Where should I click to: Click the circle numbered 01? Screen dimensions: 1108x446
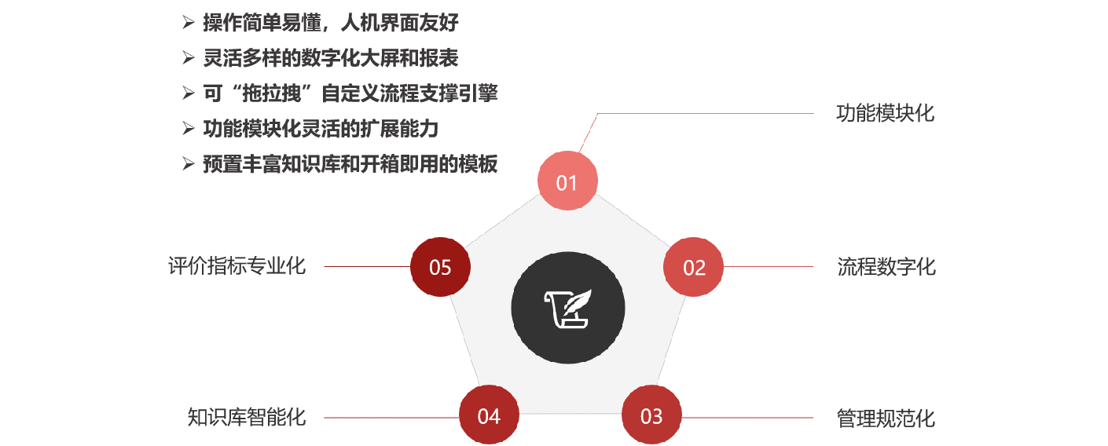pos(567,181)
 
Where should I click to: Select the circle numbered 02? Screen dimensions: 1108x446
pos(694,267)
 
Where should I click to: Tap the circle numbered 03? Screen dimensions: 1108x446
pos(651,415)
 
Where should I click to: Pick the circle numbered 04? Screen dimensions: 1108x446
pos(490,415)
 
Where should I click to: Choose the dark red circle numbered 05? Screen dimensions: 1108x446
pos(440,267)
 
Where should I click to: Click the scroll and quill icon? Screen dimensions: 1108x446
pos(568,309)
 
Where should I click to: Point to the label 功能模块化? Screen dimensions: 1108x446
pos(885,113)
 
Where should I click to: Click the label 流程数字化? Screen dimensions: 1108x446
pos(886,267)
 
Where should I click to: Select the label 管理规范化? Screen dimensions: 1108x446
pos(886,419)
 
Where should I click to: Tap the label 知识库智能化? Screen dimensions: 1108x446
pos(246,417)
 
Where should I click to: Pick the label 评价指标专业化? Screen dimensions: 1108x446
pos(237,266)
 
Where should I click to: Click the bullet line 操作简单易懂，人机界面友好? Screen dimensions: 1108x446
pos(330,23)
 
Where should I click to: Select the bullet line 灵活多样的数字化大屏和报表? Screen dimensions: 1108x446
pos(330,58)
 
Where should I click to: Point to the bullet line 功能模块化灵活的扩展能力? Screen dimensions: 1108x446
pos(321,129)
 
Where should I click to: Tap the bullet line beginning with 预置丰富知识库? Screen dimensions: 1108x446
pos(350,164)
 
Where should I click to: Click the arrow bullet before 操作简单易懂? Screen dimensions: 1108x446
pos(188,23)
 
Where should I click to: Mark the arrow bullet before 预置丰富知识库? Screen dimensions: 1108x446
pos(188,163)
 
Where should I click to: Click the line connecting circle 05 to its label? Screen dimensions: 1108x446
pos(367,266)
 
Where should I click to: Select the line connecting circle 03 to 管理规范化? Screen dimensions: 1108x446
pos(747,418)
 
